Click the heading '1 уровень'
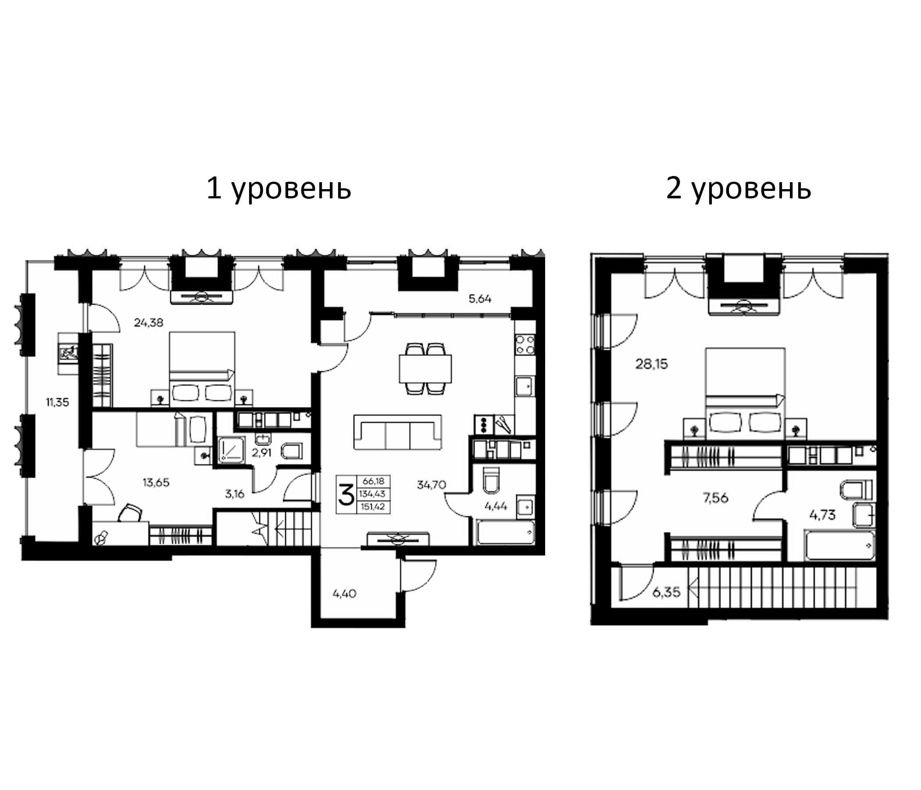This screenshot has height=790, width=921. click(278, 189)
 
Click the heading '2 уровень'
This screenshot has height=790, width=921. click(738, 189)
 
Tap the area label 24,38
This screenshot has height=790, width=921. click(149, 323)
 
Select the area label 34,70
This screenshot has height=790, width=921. click(431, 485)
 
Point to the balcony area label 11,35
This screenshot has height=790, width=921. click(58, 402)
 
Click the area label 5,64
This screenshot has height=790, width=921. click(480, 299)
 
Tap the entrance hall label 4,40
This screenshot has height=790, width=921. click(344, 593)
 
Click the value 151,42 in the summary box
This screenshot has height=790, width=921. click(373, 506)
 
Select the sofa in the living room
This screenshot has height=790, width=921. click(397, 432)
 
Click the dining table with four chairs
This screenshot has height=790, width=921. click(425, 368)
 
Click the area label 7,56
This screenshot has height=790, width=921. click(716, 498)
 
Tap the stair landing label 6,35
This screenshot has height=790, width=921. click(666, 592)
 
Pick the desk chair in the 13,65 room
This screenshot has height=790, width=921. click(131, 513)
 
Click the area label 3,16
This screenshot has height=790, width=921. click(234, 494)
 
